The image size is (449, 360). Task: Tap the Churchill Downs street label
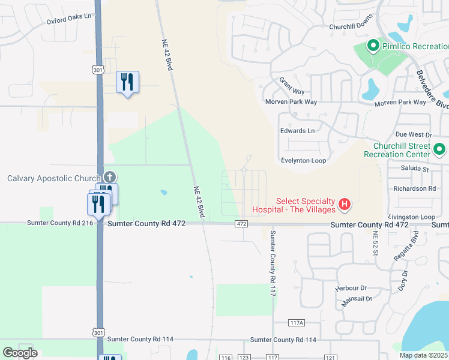351,27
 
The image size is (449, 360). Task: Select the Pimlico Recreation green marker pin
372,45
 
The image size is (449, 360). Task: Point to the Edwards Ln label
297,131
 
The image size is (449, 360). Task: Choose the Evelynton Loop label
303,161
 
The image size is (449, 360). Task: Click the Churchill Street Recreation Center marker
439,148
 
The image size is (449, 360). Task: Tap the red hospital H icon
345,205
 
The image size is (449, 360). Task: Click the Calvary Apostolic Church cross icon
109,176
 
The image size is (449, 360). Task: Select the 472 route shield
241,224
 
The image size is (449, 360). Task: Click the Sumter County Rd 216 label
60,223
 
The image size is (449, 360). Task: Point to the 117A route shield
297,323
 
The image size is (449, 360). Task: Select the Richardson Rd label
414,188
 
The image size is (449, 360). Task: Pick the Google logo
20,353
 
